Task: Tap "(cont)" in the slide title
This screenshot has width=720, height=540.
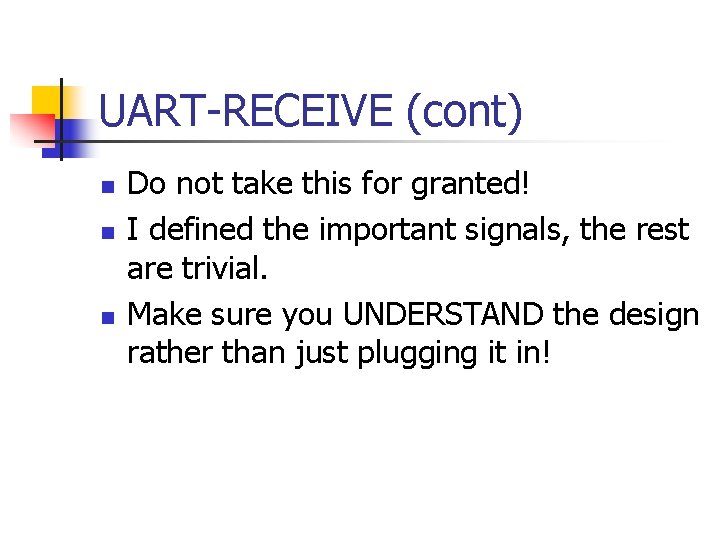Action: pos(464,111)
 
